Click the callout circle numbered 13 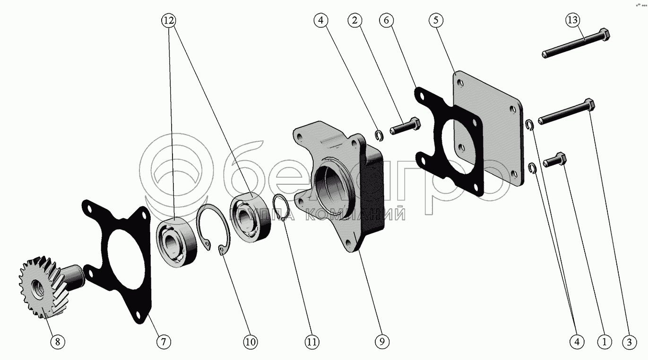click(573, 21)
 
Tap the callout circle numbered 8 click(58, 342)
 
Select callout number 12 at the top click(169, 21)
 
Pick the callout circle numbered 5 click(436, 21)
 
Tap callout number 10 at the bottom click(251, 342)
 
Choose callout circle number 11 click(312, 342)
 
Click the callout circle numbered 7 click(164, 342)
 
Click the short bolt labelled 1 click(554, 160)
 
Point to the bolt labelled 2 click(405, 127)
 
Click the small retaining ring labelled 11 click(282, 208)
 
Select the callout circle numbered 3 click(629, 342)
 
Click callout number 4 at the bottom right click(577, 342)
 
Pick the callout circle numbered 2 click(355, 21)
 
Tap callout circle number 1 click(604, 342)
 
